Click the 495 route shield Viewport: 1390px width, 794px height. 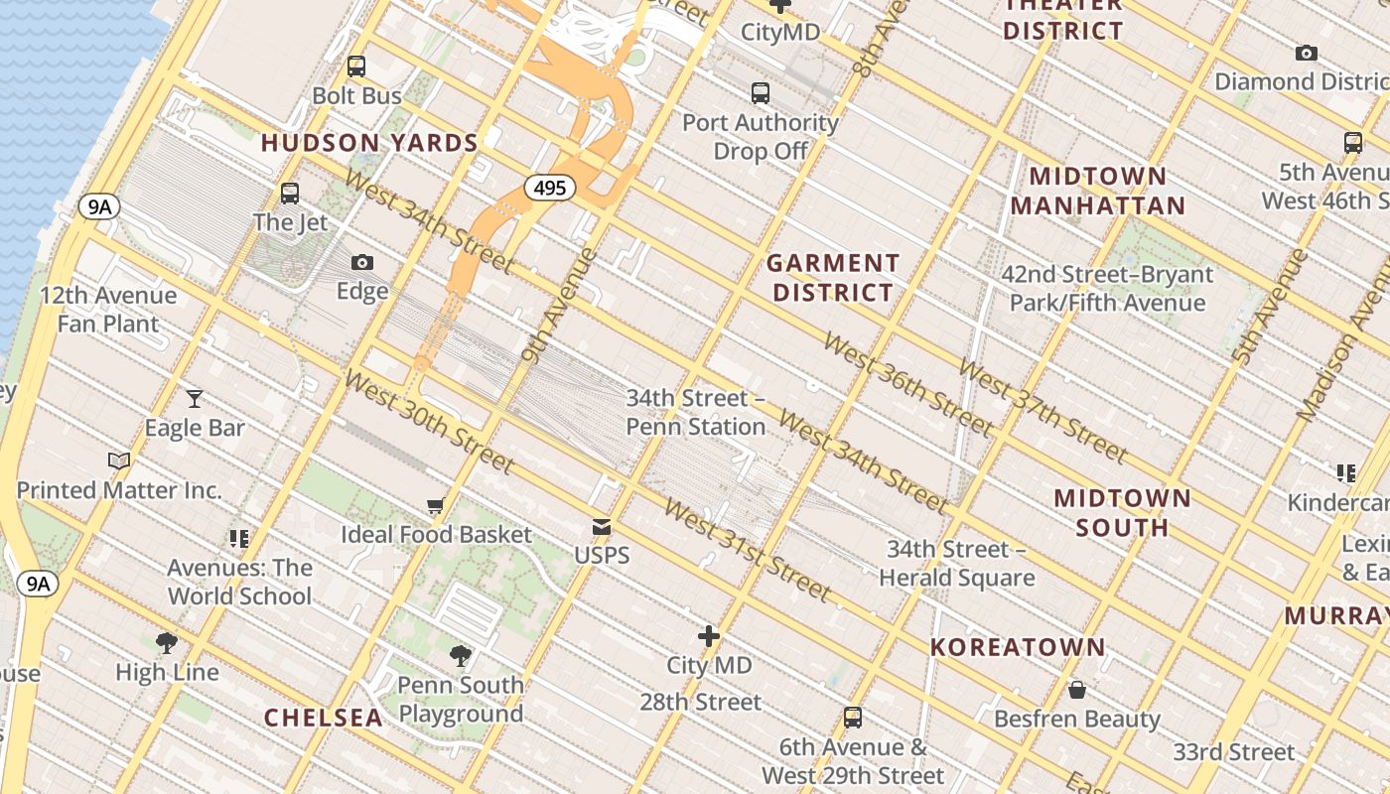click(x=550, y=188)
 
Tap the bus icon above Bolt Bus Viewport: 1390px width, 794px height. click(x=356, y=66)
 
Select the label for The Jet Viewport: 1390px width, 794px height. click(x=290, y=221)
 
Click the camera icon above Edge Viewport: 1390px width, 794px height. click(x=362, y=262)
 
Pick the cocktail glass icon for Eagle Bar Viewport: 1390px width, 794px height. click(x=195, y=399)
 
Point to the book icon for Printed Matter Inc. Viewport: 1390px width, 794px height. click(x=119, y=461)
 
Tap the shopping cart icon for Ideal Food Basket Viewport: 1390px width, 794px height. click(x=436, y=506)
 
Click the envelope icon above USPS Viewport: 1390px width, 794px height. click(x=602, y=526)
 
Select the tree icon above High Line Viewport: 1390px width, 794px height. click(x=167, y=643)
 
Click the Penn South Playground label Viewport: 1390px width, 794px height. click(x=461, y=699)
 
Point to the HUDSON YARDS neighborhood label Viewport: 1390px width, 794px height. click(x=370, y=143)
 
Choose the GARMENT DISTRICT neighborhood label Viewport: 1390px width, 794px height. click(x=833, y=278)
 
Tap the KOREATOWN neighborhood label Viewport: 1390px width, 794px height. click(x=1018, y=647)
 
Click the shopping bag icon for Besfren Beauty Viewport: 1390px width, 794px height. click(x=1077, y=690)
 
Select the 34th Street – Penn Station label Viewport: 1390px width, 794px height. click(x=696, y=412)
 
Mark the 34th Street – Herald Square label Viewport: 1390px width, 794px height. click(x=956, y=563)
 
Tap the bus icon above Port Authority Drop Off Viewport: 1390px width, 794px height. click(x=761, y=93)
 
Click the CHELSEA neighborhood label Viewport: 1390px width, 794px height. click(x=324, y=718)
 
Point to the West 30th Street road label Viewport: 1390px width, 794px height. click(x=429, y=422)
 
